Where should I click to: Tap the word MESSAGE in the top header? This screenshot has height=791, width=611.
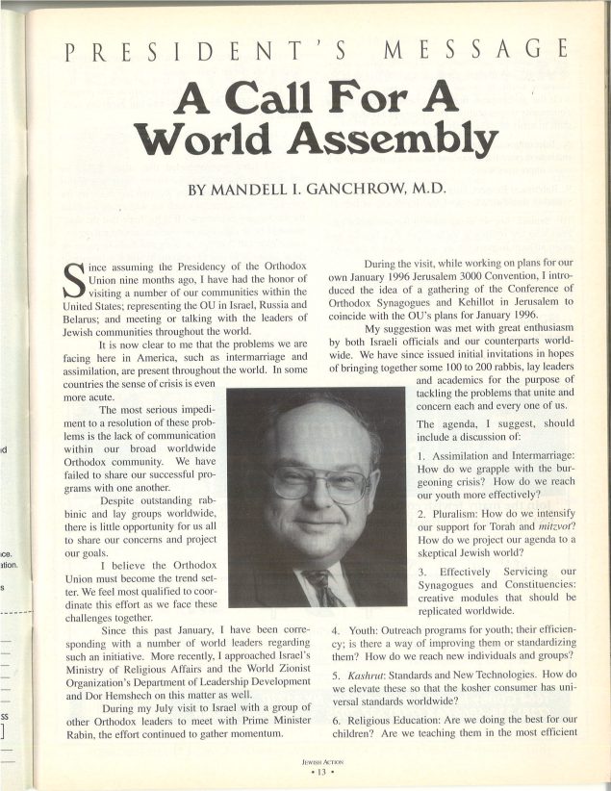pos(467,49)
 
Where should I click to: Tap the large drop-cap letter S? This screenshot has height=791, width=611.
pos(68,271)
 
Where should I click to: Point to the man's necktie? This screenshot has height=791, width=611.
pos(322,587)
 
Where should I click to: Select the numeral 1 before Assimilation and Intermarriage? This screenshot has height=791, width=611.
pos(421,455)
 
